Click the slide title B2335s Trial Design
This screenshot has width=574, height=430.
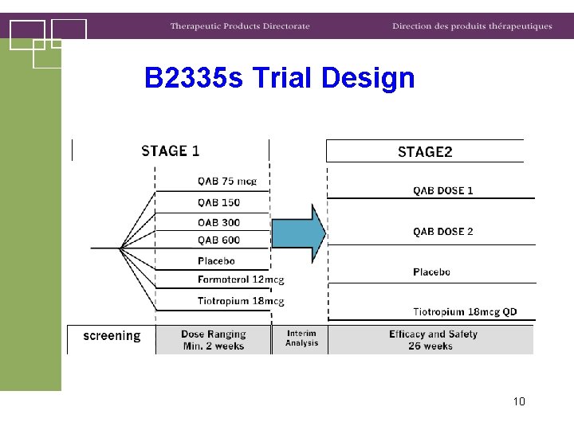(280, 78)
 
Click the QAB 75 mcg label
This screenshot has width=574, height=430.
(227, 181)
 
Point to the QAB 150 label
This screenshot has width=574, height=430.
(219, 202)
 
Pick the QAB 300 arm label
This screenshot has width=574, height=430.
(219, 222)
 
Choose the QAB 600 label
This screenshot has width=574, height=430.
(219, 240)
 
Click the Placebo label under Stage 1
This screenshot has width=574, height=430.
(216, 260)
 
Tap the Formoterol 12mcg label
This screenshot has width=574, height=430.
(241, 279)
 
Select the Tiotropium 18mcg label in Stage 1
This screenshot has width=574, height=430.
(241, 301)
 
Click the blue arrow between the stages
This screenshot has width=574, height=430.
(299, 233)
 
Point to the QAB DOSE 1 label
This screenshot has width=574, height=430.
(442, 190)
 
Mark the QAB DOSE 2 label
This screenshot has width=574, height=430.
(442, 232)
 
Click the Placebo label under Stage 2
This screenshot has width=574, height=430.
(431, 272)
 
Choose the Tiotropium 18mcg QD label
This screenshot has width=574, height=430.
(465, 311)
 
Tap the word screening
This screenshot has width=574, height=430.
(112, 336)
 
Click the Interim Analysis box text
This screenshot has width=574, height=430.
(301, 338)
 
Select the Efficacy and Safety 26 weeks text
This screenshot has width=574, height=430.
(433, 340)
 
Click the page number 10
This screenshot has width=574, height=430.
(519, 401)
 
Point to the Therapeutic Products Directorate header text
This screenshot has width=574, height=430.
(239, 26)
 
